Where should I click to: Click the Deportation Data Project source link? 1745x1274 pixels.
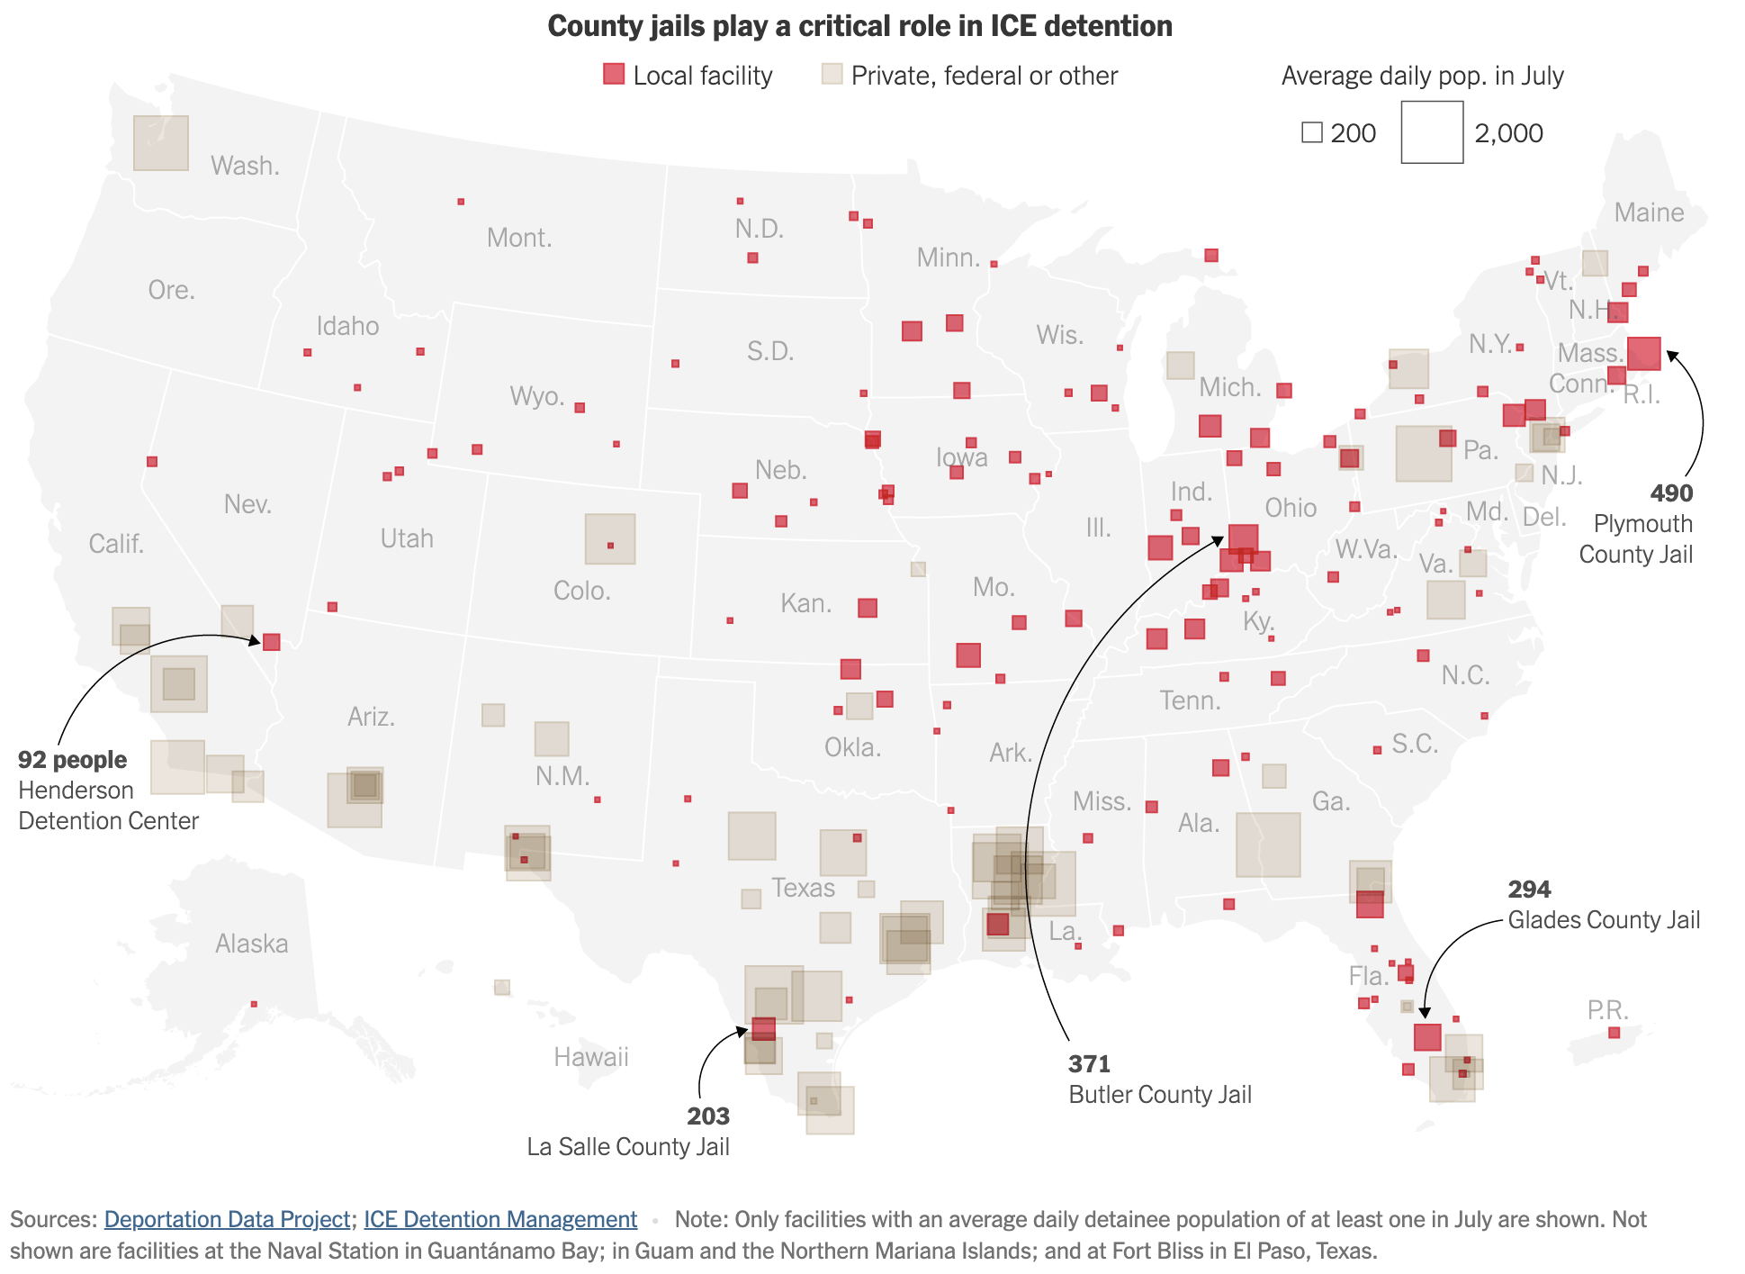pos(227,1219)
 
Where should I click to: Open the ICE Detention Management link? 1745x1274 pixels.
pos(500,1219)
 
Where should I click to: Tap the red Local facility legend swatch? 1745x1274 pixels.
pos(614,74)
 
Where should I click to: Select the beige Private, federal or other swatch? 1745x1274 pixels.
pos(832,74)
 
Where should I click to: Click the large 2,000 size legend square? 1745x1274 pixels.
pos(1432,132)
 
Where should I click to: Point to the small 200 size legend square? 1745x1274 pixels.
pos(1312,133)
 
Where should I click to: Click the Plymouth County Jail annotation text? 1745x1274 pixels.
pos(1635,538)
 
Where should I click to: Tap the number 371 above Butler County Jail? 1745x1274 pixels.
pos(1089,1064)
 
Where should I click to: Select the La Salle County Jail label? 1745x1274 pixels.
pos(628,1146)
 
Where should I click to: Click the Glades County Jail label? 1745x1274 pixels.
pos(1604,919)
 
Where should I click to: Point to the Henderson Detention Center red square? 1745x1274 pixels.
pos(272,642)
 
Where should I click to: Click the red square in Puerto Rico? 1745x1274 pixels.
pos(1614,1033)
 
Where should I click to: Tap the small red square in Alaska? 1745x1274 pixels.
pos(254,1004)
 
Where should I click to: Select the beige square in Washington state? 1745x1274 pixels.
pos(161,143)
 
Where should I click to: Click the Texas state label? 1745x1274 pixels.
pos(803,888)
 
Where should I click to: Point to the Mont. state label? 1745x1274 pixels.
pos(519,238)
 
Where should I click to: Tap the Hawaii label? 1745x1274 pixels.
pos(591,1056)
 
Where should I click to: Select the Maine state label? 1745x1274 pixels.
pos(1649,212)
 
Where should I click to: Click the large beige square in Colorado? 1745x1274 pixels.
pos(610,539)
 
